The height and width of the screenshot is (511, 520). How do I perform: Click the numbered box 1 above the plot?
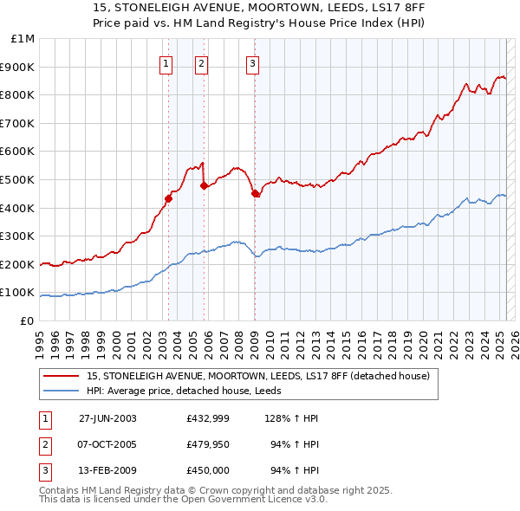(x=166, y=61)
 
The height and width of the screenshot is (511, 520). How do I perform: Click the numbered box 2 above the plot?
(x=201, y=61)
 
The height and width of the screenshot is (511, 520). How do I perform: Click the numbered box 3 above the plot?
(x=252, y=61)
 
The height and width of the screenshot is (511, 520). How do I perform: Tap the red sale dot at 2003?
(x=169, y=197)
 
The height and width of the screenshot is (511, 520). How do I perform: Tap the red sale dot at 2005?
(x=204, y=184)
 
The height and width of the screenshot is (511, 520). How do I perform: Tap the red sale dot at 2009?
(x=255, y=193)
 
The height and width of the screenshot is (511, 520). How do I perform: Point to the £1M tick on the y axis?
(x=23, y=39)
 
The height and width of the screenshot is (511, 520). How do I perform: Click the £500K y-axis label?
(x=18, y=180)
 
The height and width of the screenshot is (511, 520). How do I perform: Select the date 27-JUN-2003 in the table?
(x=107, y=418)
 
